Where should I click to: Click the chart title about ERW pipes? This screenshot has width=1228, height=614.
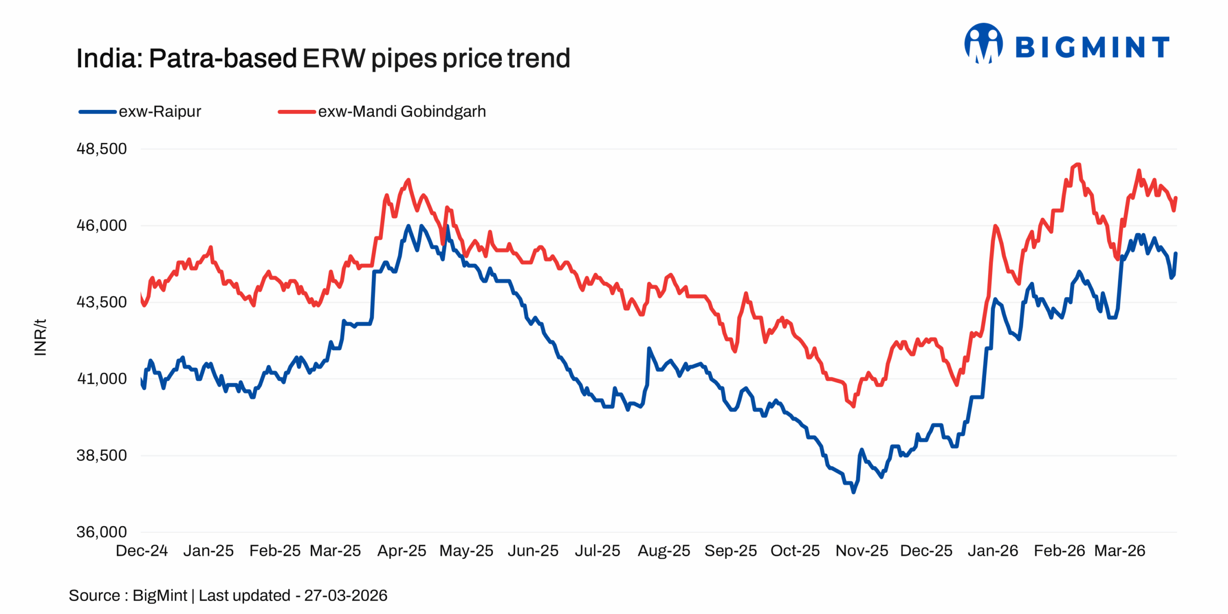tap(323, 59)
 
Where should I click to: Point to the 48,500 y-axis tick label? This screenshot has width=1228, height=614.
tap(102, 149)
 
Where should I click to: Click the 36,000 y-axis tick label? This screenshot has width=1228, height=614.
tap(102, 531)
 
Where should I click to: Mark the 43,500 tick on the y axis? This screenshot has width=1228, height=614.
tap(102, 302)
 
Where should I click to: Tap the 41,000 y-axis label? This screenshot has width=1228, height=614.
tap(102, 378)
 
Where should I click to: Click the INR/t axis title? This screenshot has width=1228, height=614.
tap(41, 337)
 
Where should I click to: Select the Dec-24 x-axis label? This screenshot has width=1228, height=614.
tap(142, 550)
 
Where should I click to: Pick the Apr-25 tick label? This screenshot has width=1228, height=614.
tap(401, 550)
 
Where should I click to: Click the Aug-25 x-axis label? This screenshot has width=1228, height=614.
tap(663, 550)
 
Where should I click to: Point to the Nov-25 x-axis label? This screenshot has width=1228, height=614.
tap(862, 550)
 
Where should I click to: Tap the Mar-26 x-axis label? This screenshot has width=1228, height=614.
tap(1119, 550)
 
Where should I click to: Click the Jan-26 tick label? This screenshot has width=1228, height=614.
tap(992, 550)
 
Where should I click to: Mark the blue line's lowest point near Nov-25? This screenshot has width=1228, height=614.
tap(853, 492)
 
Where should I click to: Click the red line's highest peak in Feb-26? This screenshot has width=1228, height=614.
tap(1078, 165)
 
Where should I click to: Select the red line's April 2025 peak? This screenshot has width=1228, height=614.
tap(409, 180)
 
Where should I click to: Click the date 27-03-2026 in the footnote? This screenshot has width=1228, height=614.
tap(345, 595)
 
